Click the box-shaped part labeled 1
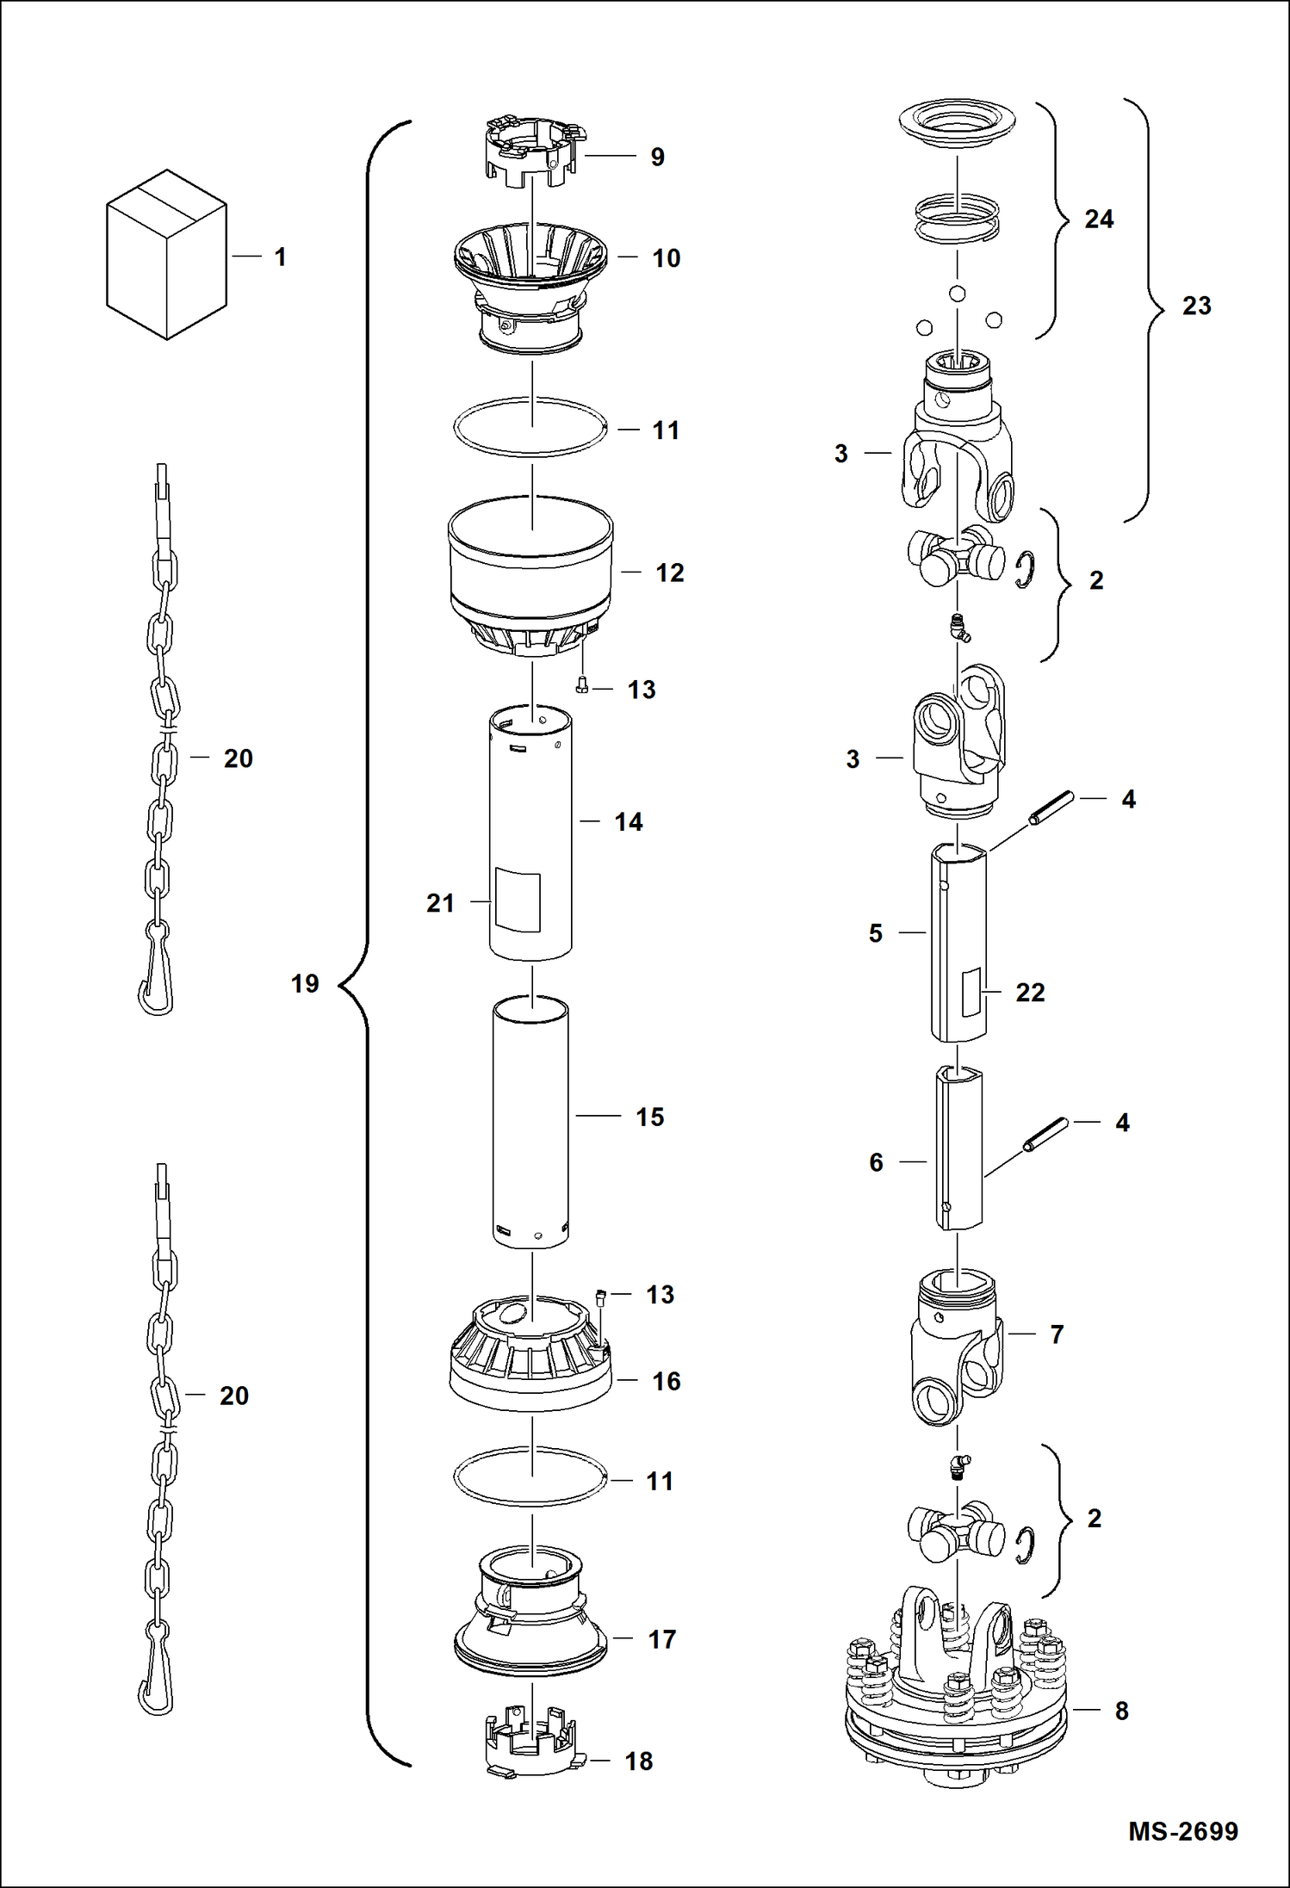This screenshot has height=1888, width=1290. click(x=166, y=255)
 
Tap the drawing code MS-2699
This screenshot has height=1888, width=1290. click(x=1182, y=1830)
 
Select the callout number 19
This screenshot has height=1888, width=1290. click(x=305, y=983)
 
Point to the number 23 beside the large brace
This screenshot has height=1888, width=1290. click(x=1196, y=306)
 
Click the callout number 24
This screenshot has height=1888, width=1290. click(x=1098, y=220)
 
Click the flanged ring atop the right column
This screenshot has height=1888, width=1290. click(x=957, y=122)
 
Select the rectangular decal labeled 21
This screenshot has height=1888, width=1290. click(x=518, y=901)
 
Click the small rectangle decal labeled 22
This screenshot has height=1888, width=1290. click(x=971, y=991)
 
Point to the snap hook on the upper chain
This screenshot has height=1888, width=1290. click(x=157, y=981)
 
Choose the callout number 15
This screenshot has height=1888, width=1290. click(x=649, y=1117)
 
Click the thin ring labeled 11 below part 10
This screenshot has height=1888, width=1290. click(x=531, y=427)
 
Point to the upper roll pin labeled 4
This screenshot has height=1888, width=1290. click(x=1051, y=808)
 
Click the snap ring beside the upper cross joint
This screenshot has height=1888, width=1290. click(x=1025, y=570)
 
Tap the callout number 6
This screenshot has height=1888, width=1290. click(x=876, y=1162)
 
